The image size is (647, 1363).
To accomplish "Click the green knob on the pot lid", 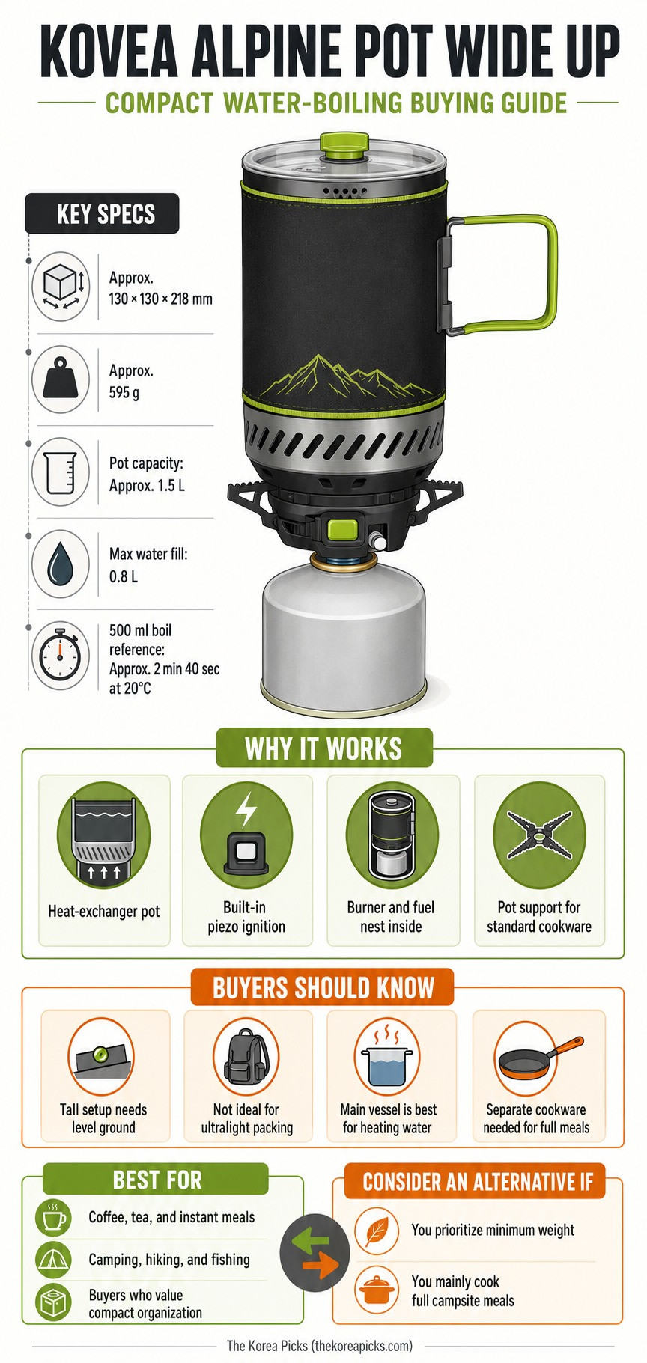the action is [x=344, y=144].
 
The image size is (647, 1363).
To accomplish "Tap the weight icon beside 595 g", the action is [x=61, y=379].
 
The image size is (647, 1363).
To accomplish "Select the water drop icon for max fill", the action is [x=60, y=564].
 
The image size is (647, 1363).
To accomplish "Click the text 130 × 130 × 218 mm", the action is [x=161, y=299].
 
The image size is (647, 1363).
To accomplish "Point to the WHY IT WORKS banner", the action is [x=323, y=748].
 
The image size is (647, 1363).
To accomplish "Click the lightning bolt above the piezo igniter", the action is [x=246, y=809].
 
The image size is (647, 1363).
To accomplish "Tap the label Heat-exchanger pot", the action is [x=104, y=911].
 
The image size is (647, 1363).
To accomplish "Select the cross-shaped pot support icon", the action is [x=538, y=835].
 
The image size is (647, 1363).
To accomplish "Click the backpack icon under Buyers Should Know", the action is [x=246, y=1056].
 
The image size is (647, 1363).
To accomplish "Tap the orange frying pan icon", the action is [x=538, y=1055].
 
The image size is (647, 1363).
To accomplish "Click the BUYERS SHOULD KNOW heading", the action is [x=323, y=987].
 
